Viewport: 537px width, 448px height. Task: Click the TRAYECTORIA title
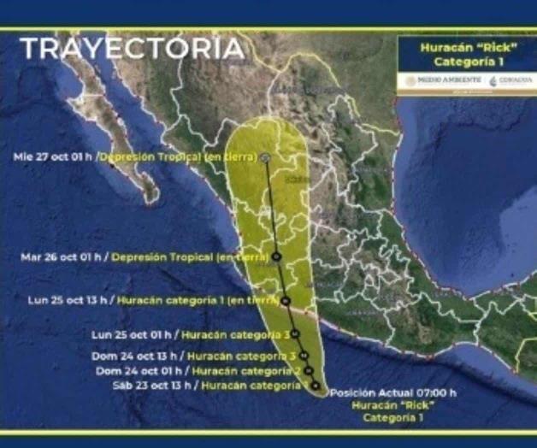(x=132, y=48)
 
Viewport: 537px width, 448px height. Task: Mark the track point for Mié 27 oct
(x=266, y=157)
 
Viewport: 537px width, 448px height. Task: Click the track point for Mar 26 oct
(x=277, y=256)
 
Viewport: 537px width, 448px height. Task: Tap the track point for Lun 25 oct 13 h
(x=286, y=300)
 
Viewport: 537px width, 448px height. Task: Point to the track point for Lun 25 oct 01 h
(x=295, y=334)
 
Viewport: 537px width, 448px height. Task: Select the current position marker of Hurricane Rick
(x=316, y=386)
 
